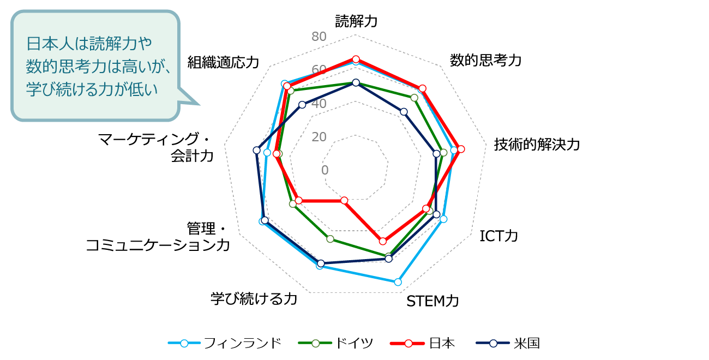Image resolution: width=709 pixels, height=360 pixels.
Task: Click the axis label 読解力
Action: click(x=356, y=21)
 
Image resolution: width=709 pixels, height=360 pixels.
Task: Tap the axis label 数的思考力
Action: click(x=485, y=60)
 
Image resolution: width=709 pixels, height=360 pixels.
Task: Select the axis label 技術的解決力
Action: click(x=537, y=145)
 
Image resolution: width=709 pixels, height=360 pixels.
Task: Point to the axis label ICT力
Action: click(x=498, y=236)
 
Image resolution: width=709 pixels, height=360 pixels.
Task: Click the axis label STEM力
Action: click(x=432, y=301)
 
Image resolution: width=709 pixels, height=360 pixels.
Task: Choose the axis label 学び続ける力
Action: click(x=254, y=298)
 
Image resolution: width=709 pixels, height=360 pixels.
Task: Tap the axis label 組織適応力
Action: click(x=223, y=62)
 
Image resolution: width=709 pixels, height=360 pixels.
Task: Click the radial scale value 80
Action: click(x=319, y=37)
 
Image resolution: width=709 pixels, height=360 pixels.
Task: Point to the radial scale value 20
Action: click(x=319, y=136)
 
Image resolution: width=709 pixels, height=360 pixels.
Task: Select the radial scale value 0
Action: click(x=325, y=170)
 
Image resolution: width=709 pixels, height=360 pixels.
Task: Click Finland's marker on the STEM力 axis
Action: click(x=398, y=282)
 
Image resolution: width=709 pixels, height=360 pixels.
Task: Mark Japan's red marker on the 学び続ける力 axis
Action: click(x=344, y=201)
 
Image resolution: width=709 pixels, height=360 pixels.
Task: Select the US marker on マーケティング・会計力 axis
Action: click(x=256, y=150)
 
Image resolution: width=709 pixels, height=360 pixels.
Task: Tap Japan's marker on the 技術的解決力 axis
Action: click(x=461, y=149)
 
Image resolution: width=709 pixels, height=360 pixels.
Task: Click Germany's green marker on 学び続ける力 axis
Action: click(x=330, y=239)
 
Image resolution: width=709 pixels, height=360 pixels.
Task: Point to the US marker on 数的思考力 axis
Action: click(x=404, y=112)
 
